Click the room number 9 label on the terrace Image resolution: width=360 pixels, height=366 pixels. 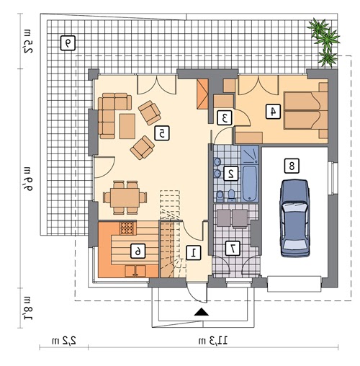click(x=68, y=43)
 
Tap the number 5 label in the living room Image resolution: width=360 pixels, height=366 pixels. click(x=162, y=133)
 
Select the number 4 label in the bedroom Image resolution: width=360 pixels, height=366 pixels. click(x=273, y=112)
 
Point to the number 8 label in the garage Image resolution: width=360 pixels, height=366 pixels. click(x=292, y=166)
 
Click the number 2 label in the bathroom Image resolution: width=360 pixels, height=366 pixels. click(x=231, y=173)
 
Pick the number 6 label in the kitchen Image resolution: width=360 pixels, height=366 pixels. click(x=138, y=251)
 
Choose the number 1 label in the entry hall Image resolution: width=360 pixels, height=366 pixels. click(x=193, y=253)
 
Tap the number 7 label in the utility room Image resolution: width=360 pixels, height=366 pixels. click(x=233, y=249)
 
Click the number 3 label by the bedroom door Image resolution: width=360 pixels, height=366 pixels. click(x=225, y=117)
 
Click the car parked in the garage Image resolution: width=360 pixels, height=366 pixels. click(x=294, y=218)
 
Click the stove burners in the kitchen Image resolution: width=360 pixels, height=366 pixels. click(x=127, y=228)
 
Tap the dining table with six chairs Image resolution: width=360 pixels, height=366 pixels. click(x=125, y=197)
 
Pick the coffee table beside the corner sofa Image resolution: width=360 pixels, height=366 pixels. click(x=127, y=126)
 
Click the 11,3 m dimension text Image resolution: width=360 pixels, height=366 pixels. click(x=212, y=340)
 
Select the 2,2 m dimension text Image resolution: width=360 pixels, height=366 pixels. click(x=64, y=340)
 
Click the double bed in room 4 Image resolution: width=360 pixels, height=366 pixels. click(x=306, y=110)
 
